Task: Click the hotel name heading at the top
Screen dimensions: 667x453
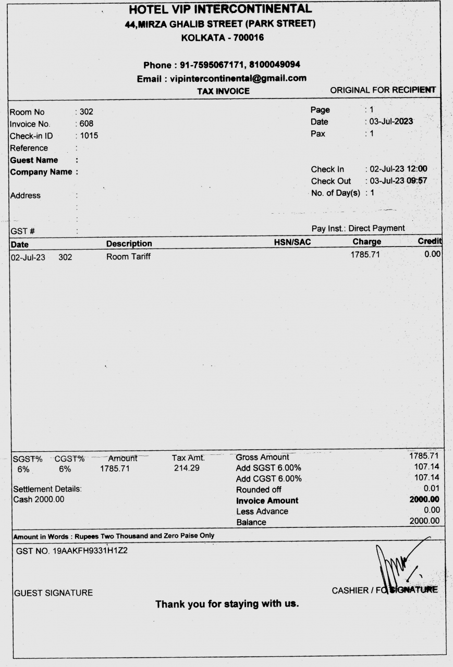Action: click(220, 9)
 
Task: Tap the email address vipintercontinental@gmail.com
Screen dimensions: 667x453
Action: click(238, 78)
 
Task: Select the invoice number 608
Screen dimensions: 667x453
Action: click(87, 124)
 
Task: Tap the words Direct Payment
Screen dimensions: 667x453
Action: click(376, 228)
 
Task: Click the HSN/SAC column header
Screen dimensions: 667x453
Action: click(292, 242)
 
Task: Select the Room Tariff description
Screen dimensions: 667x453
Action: click(128, 256)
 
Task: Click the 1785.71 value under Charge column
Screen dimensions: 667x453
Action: click(365, 255)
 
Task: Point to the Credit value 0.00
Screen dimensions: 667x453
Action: click(432, 254)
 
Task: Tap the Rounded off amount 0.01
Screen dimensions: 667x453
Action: click(432, 488)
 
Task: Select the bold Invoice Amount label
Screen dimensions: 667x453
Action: click(267, 500)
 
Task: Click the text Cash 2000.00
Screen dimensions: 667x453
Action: click(39, 499)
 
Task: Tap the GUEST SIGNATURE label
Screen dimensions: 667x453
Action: click(53, 593)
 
